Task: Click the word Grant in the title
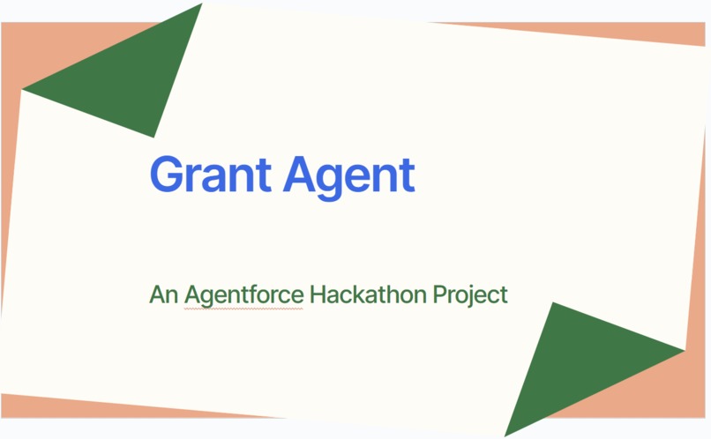click(x=210, y=175)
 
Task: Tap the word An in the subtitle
click(x=164, y=294)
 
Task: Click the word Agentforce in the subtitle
click(x=244, y=294)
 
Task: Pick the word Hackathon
click(x=368, y=294)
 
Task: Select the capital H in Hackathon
click(x=319, y=294)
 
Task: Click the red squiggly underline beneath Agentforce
click(x=244, y=309)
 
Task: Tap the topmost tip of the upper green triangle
click(x=202, y=4)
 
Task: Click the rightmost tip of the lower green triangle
click(x=683, y=350)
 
